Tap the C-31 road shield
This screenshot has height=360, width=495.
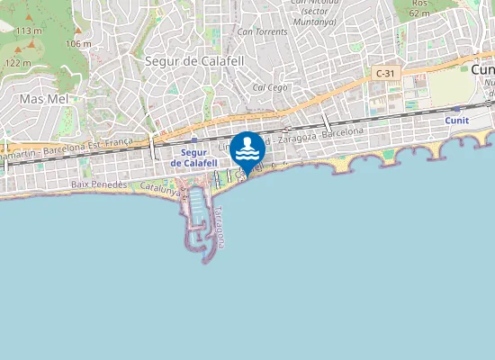pos(385,73)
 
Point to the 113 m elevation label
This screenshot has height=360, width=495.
pos(28,31)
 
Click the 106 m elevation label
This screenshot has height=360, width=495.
pos(78,43)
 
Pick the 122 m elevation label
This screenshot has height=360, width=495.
pos(18,63)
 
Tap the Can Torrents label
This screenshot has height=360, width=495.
pos(262,31)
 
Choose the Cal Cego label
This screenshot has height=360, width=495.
pos(270,87)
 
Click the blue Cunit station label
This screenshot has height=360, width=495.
pos(456,120)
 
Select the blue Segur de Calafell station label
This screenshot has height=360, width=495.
pos(193,158)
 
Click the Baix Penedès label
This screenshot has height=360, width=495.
pos(99,184)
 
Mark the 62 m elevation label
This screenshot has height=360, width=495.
pos(418,13)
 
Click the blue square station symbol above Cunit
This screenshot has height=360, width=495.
pos(457,108)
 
